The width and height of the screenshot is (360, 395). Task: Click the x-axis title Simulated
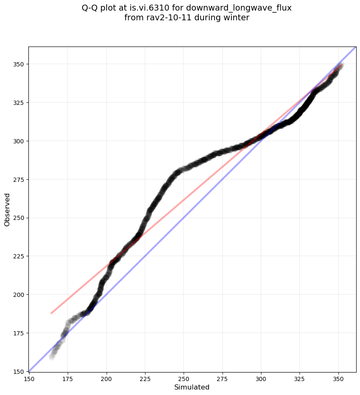(x=192, y=387)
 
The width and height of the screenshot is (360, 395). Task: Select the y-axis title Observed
(x=7, y=209)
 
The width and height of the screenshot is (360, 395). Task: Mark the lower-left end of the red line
(x=51, y=313)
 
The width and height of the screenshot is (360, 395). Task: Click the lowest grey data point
(x=52, y=357)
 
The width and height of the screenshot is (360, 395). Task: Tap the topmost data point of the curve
(x=340, y=66)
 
